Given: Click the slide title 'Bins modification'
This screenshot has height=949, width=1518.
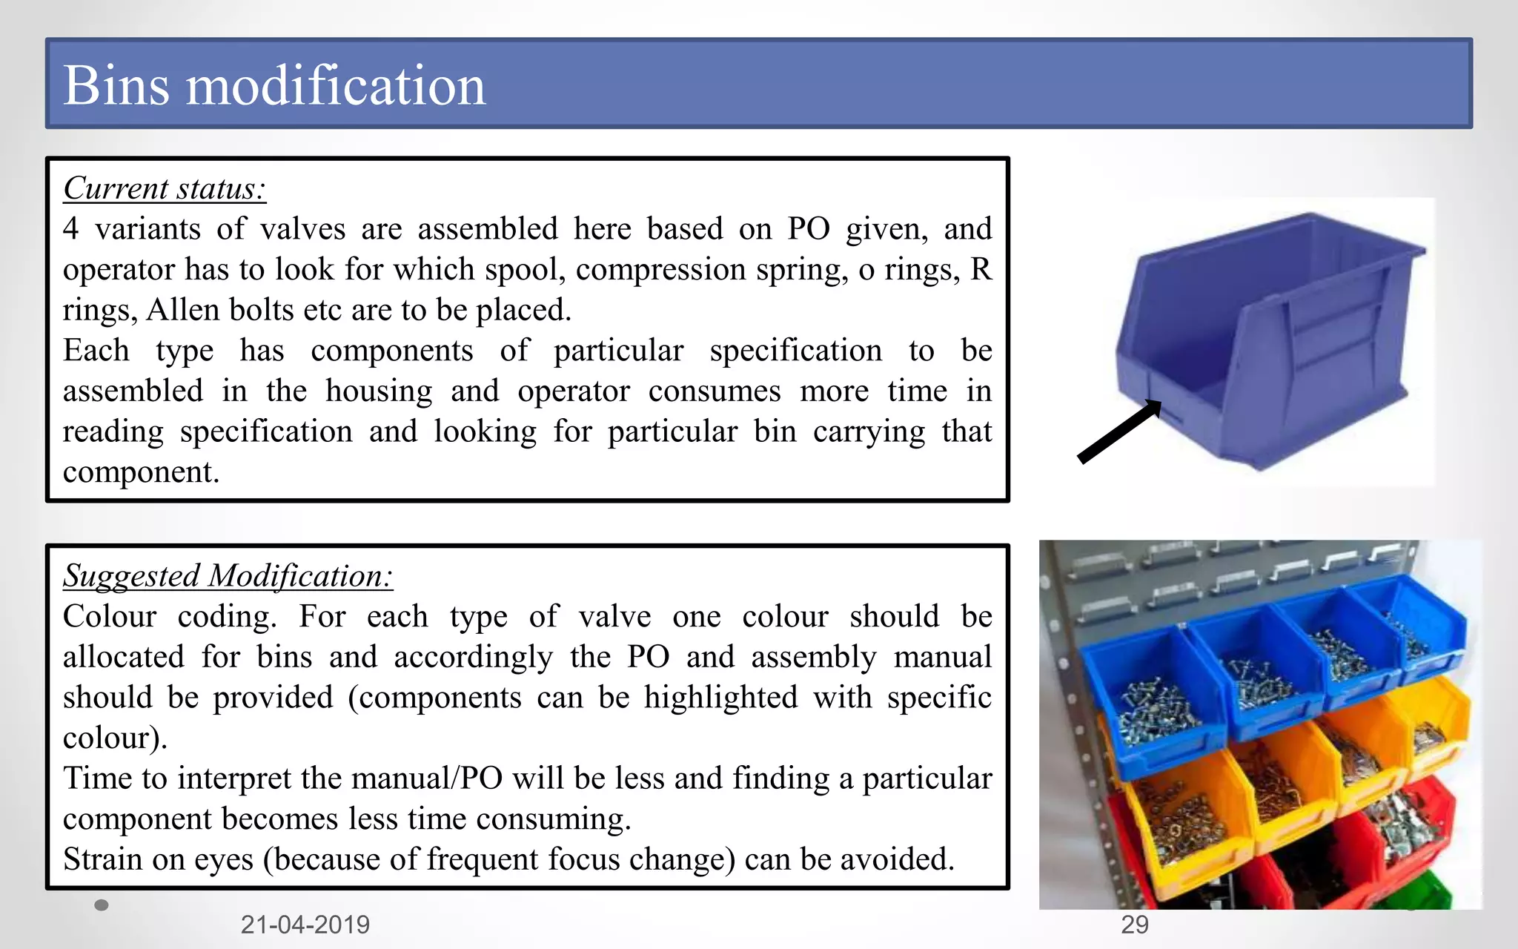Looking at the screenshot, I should tap(274, 85).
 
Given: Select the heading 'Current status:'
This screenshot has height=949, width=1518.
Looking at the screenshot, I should tap(164, 188).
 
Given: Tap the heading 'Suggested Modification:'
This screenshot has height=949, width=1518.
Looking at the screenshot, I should tap(228, 576).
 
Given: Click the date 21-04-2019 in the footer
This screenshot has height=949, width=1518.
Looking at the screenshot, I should tap(305, 925).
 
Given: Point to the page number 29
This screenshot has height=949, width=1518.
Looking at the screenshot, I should tap(1134, 925).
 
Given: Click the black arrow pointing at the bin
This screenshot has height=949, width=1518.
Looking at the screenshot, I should tap(1118, 432).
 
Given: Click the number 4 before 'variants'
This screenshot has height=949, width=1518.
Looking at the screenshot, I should tap(70, 229).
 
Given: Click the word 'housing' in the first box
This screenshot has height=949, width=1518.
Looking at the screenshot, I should tap(379, 391).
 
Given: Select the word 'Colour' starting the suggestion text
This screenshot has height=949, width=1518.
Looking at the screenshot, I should tap(110, 617).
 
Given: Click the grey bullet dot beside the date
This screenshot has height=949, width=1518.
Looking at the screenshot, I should tap(102, 905).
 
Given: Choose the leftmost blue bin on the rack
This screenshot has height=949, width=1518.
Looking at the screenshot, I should tap(1153, 697).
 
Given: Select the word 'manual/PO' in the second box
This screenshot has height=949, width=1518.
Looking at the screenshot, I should tap(426, 778).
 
